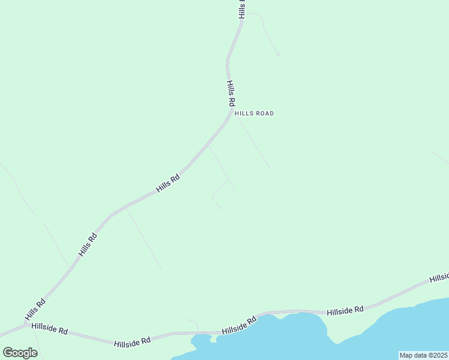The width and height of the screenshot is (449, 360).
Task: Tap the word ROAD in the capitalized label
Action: (265, 113)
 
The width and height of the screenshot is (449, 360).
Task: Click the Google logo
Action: (20, 353)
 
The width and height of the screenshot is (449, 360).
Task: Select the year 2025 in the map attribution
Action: (438, 355)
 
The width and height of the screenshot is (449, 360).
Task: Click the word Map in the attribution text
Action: (407, 355)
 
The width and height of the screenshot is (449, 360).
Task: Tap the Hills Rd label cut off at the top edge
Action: (242, 8)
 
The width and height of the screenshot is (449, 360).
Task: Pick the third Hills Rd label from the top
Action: (168, 183)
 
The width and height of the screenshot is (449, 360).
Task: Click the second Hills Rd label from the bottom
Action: (88, 245)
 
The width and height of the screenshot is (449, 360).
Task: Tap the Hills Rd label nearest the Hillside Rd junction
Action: (35, 309)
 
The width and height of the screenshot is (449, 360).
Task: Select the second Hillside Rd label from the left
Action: (132, 341)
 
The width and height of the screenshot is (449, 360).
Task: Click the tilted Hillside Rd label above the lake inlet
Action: (239, 325)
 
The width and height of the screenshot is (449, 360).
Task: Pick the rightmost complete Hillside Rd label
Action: (345, 310)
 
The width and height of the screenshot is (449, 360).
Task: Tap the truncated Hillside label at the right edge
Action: (439, 277)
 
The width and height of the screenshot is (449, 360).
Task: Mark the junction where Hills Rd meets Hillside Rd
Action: (25, 325)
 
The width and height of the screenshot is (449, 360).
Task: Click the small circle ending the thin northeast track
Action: (278, 55)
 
